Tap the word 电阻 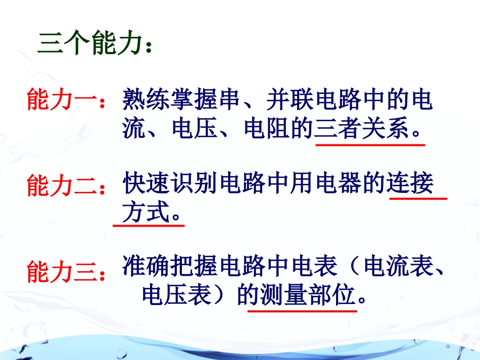pos(268,130)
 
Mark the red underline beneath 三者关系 pos(370,145)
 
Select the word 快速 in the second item pos(147,185)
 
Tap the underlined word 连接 pos(410,185)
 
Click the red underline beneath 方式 pos(148,225)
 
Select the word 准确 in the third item pos(147,267)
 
